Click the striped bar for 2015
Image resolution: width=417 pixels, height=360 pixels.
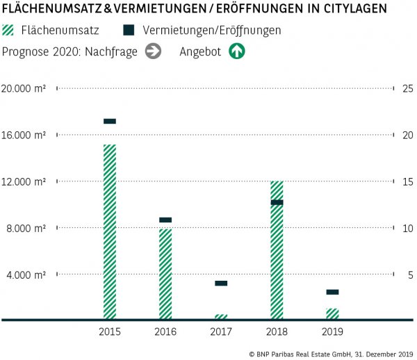110,231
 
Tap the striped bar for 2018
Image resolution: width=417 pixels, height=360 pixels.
277,250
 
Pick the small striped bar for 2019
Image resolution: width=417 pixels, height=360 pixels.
332,313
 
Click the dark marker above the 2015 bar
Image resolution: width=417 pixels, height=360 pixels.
110,121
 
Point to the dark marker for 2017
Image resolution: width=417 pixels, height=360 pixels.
221,283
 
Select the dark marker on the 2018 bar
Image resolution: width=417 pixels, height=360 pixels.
277,202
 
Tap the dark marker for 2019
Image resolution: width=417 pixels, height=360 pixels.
332,292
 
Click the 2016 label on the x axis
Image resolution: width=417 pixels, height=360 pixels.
165,332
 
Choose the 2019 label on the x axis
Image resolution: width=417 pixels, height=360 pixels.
332,332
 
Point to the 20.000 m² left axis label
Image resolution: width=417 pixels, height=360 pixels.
24,88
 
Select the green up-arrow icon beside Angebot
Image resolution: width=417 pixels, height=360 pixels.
237,51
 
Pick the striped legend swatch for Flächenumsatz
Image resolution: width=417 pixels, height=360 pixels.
9,31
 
